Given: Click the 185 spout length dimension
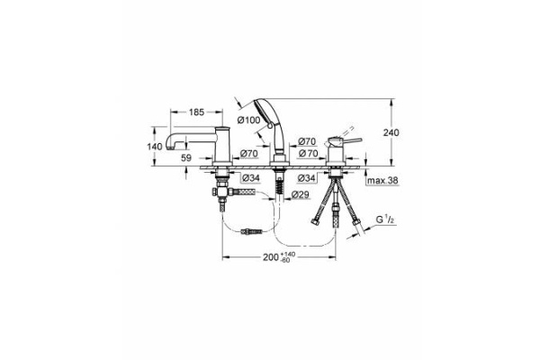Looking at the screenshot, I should tap(194, 112).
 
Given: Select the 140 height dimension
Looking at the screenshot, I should tap(154, 146).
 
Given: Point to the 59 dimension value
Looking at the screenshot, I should tap(187, 157).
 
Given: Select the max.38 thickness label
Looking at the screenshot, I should tap(382, 183).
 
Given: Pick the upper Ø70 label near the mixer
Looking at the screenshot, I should tap(307, 141).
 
